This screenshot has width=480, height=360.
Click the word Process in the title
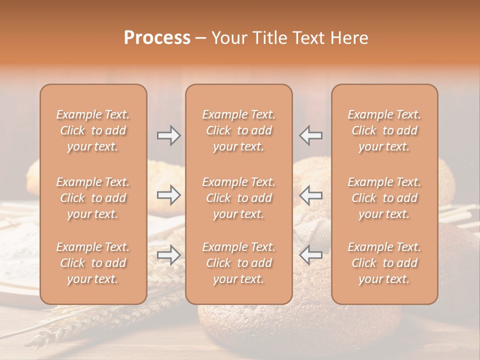pos(157,38)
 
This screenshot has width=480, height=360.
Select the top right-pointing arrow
pos(168,135)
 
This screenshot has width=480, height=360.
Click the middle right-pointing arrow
pos(168,195)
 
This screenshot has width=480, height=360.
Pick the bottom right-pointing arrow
pos(168,255)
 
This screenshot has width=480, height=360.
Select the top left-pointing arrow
pos(311,135)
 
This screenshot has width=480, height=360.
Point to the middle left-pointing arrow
pos(311,195)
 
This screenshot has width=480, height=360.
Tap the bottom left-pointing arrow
pos(311,255)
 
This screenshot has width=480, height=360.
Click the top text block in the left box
pos(93,130)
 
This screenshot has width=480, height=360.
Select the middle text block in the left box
pos(93,198)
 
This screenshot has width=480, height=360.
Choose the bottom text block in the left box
pos(93,263)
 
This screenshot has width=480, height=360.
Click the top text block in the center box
pos(238,130)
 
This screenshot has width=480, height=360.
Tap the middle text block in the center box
pos(238,198)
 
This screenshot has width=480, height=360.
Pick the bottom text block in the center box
pos(238,263)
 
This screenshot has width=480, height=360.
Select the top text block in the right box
pos(384,130)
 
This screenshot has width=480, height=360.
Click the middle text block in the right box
pos(384,198)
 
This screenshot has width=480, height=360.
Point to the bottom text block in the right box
pos(384,263)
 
